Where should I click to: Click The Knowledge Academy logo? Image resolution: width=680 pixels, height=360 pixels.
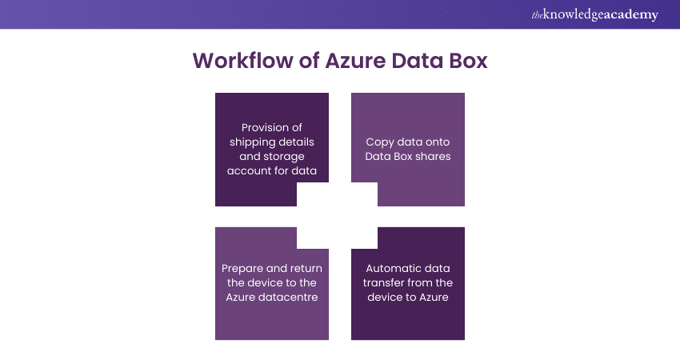point(594,14)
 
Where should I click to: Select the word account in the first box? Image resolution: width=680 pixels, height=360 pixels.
point(249,170)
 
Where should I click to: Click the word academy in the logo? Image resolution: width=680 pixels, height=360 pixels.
point(630,14)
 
